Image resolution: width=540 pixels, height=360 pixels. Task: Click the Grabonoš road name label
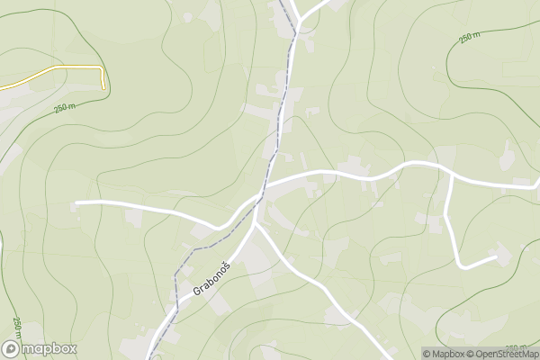coord(211,277)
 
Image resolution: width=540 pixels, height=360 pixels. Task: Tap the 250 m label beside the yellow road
coord(65,108)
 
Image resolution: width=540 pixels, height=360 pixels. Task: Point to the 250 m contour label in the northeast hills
coord(470,39)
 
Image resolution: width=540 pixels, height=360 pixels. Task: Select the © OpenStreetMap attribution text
coord(502,354)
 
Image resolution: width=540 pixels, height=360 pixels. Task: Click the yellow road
coord(54,70)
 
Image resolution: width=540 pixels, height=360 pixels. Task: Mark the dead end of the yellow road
coord(103,88)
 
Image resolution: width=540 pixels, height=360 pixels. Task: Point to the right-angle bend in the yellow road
coord(101,68)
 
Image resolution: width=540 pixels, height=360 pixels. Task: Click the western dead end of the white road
coord(76,203)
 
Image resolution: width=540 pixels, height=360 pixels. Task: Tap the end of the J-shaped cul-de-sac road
coord(496,257)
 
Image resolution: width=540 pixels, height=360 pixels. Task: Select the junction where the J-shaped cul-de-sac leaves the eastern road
coord(450,172)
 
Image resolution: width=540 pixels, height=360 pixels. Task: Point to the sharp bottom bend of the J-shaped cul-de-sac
coord(461,265)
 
